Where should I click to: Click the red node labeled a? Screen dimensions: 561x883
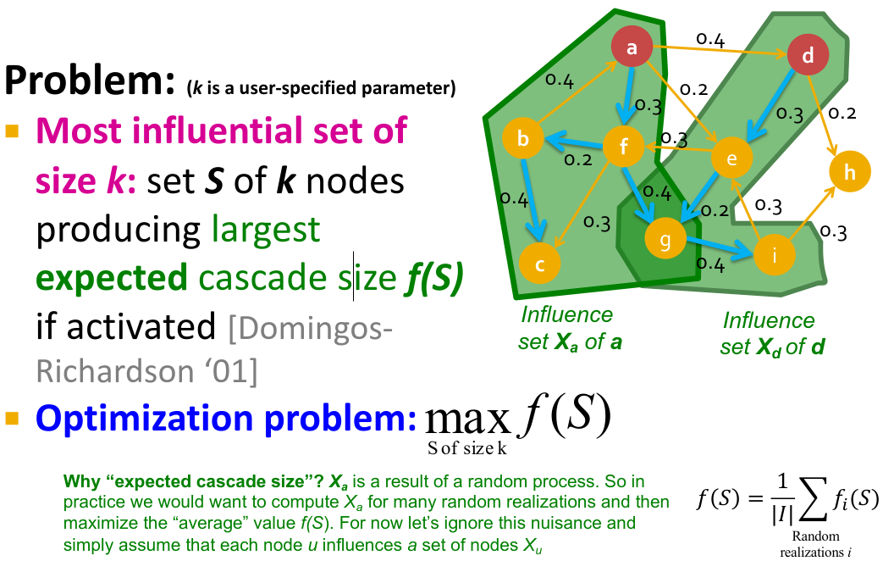point(632,49)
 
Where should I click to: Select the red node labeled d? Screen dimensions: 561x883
point(807,57)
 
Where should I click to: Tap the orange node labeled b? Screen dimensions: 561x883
point(523,139)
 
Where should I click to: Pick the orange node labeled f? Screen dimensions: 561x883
point(624,147)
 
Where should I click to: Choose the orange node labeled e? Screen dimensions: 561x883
point(732,158)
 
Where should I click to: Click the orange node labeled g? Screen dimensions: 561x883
point(665,239)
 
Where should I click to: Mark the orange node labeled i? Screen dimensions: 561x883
point(772,254)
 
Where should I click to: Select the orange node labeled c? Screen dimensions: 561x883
point(539,264)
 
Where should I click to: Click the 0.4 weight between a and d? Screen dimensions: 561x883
point(710,38)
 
